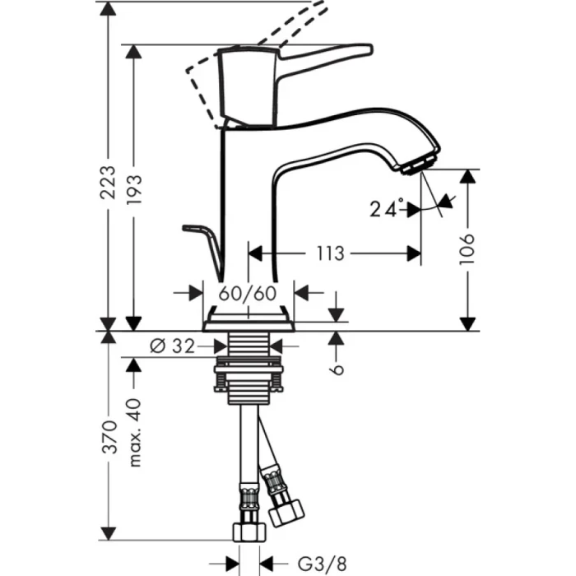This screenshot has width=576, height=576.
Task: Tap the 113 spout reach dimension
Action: pos(330,253)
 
